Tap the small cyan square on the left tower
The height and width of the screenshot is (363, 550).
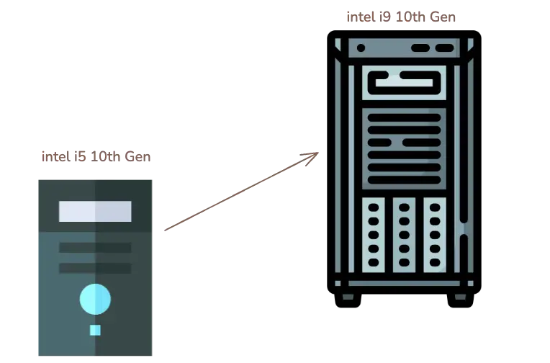[95, 330]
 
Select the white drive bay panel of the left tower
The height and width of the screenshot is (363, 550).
[95, 211]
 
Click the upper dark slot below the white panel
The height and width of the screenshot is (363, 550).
[95, 248]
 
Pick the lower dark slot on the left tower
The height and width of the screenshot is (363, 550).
[95, 268]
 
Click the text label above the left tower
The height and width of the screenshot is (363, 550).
[96, 156]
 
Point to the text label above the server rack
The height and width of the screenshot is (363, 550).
[402, 16]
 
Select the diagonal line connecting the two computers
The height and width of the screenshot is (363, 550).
[238, 193]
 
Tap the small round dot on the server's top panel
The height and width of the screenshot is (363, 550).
[361, 48]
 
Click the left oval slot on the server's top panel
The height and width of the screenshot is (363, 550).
[420, 48]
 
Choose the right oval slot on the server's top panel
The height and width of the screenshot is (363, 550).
[445, 48]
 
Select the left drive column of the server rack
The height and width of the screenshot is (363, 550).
[373, 235]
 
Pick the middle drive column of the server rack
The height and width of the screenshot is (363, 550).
[404, 235]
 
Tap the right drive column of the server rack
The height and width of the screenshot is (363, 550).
[434, 235]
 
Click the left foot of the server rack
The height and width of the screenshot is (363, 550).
[348, 296]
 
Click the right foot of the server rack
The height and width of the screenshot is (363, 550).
[459, 296]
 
